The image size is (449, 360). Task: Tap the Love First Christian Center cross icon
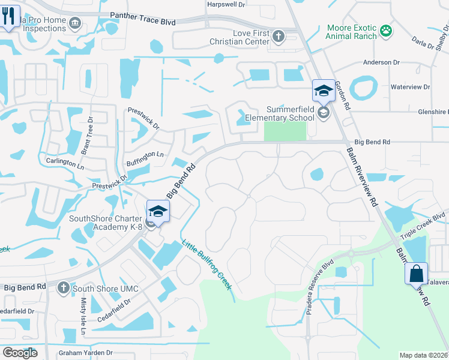[279, 36]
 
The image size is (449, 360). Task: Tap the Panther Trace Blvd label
[142, 21]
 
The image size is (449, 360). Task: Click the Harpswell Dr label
[226, 4]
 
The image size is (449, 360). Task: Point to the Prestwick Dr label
[143, 118]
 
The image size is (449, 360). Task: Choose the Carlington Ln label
[65, 163]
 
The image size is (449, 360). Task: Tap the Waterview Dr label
[411, 87]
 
